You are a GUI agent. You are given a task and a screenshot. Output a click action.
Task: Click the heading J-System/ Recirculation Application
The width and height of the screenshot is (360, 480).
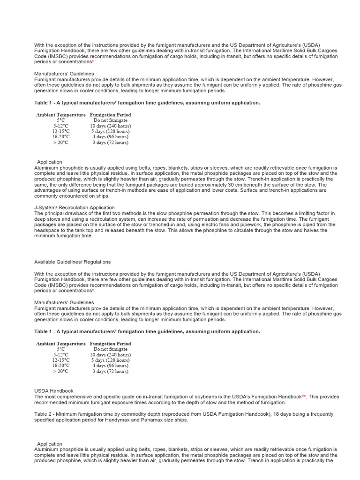pyautogui.click(x=74, y=208)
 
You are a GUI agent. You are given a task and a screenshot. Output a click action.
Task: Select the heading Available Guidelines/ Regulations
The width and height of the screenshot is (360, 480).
pyautogui.click(x=72, y=262)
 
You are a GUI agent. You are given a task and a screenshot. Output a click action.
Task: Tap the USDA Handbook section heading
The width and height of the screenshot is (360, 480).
pyautogui.click(x=54, y=391)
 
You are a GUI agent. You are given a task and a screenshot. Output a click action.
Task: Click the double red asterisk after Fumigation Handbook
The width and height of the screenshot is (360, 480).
pyautogui.click(x=303, y=397)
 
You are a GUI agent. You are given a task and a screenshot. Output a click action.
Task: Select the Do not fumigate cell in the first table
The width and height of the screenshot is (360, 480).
pyautogui.click(x=110, y=120)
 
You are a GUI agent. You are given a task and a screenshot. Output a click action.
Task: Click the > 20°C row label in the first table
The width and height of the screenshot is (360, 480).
pyautogui.click(x=60, y=142)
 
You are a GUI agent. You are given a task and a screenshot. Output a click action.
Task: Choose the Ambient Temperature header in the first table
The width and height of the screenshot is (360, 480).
pyautogui.click(x=61, y=115)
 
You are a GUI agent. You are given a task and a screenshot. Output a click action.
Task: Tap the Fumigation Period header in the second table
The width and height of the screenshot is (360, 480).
pyautogui.click(x=110, y=344)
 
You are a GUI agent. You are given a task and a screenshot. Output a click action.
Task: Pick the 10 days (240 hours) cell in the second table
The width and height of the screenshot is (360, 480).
pyautogui.click(x=110, y=355)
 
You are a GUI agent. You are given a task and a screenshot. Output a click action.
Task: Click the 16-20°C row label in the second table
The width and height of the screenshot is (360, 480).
pyautogui.click(x=60, y=366)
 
